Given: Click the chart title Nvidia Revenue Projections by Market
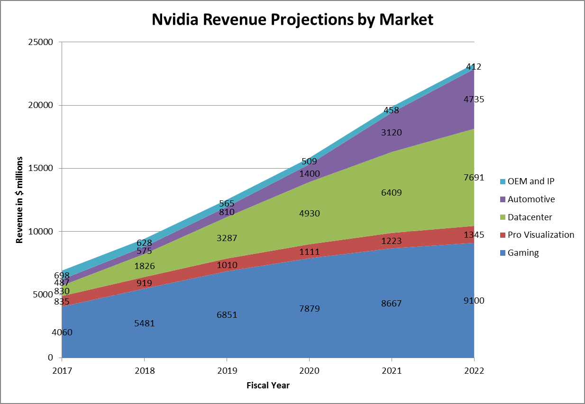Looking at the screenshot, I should [292, 19].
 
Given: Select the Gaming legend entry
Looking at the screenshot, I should [523, 253].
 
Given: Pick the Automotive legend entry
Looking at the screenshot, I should [531, 199].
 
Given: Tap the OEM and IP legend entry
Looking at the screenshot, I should [530, 181].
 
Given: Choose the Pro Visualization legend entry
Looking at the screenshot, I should [540, 235].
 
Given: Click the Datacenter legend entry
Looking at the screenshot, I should [530, 217].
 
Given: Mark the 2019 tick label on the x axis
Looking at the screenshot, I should [227, 371].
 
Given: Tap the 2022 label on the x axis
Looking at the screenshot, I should [474, 371].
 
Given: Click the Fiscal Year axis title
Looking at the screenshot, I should [268, 386].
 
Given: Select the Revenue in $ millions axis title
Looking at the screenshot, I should [19, 199].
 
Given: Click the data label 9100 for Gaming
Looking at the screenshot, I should [474, 301].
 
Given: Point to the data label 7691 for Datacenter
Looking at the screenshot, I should [474, 178].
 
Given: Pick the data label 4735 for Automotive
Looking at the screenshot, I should [474, 99].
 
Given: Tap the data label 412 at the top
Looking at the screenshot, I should [474, 67].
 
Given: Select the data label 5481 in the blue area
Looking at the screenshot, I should [145, 323].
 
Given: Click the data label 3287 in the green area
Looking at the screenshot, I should [227, 238].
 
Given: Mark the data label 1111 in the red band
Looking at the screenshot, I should [309, 252].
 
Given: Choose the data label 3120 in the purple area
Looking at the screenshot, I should [391, 133].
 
